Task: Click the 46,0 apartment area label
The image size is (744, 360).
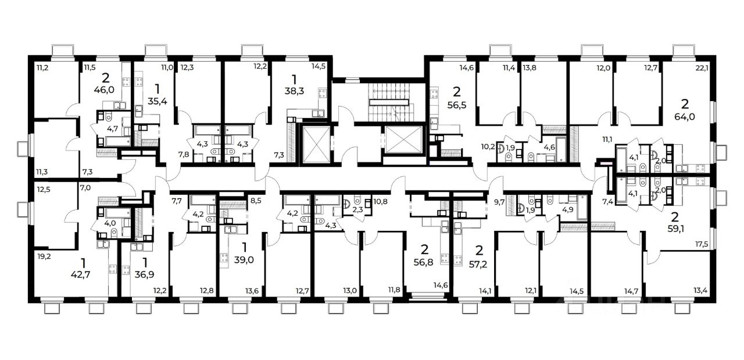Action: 104,90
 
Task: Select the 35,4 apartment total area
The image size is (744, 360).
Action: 157,101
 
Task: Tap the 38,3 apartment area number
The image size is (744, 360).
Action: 294,91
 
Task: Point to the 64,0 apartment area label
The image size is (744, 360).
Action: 685,117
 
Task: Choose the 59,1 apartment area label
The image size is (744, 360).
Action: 675,229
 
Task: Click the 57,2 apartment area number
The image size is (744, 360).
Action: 479,265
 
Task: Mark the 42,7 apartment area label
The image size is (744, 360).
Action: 81,275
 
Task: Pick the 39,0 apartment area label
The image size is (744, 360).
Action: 244,260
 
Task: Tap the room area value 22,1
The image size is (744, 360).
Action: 702,68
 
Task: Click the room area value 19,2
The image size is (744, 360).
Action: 44,256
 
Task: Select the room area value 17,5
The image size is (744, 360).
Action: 702,244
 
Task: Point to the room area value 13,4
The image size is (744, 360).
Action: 701,291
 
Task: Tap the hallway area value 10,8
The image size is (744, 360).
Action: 380,201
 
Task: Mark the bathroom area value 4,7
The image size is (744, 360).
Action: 113,129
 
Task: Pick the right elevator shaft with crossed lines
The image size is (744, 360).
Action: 403,140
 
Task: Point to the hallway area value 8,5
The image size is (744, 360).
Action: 256,201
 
